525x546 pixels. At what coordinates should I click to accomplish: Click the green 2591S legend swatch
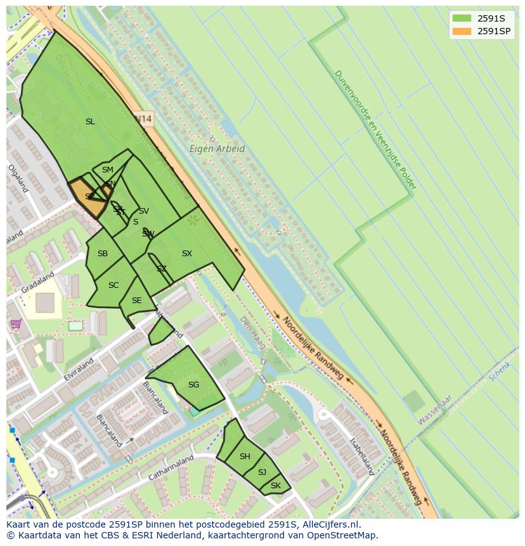(462, 18)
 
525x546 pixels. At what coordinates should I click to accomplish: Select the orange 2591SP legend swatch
(462, 31)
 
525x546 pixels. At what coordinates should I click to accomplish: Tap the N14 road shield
(144, 119)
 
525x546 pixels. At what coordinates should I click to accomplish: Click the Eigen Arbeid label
(217, 149)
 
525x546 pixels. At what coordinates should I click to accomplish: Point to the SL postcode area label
(90, 122)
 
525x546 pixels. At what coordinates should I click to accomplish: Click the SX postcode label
(186, 254)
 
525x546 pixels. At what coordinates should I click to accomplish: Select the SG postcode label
(193, 385)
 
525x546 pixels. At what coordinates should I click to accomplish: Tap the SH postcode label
(245, 457)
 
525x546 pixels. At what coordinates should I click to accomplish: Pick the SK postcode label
(275, 486)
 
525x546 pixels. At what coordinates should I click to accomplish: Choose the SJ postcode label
(262, 472)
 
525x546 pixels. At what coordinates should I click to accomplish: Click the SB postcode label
(102, 254)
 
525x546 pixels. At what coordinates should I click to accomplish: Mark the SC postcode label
(113, 285)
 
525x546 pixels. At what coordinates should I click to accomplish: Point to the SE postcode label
(136, 301)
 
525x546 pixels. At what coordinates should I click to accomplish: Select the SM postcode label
(107, 170)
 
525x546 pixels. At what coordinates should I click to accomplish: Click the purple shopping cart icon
(15, 324)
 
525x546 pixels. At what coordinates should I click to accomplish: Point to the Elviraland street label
(79, 370)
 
